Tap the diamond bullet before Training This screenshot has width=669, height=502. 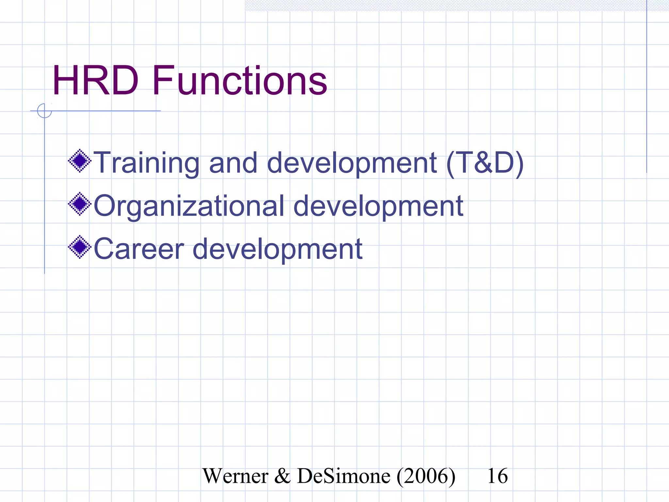pyautogui.click(x=79, y=160)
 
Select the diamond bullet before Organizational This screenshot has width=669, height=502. pyautogui.click(x=79, y=204)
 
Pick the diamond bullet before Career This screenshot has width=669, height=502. pyautogui.click(x=79, y=247)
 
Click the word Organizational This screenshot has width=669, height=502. pyautogui.click(x=189, y=206)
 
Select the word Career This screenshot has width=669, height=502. pyautogui.click(x=139, y=249)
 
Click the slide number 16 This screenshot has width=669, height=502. pyautogui.click(x=497, y=476)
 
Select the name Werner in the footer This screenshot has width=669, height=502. pyautogui.click(x=235, y=476)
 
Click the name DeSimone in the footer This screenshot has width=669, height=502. pyautogui.click(x=343, y=476)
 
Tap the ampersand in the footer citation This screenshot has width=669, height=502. pyautogui.click(x=282, y=476)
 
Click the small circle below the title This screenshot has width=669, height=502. pyautogui.click(x=44, y=111)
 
